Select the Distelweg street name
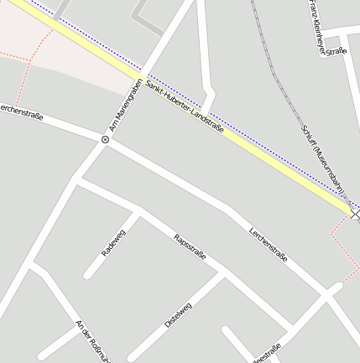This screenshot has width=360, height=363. pyautogui.click(x=178, y=317)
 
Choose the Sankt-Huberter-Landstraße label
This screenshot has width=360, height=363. pyautogui.click(x=185, y=105)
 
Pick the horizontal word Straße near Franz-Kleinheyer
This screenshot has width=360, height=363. pyautogui.click(x=337, y=51)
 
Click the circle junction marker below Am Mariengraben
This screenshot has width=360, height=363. pyautogui.click(x=105, y=139)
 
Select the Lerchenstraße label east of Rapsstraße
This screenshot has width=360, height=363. pyautogui.click(x=269, y=243)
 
